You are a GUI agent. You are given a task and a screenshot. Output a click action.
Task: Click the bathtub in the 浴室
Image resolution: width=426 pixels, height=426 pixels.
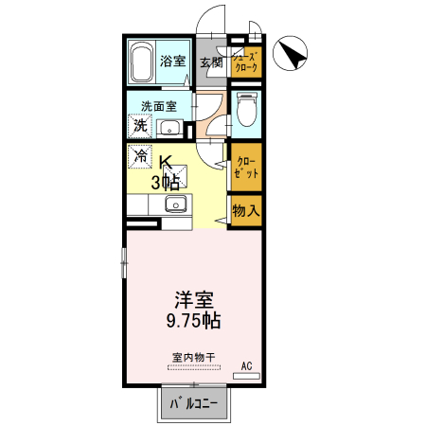[142, 62]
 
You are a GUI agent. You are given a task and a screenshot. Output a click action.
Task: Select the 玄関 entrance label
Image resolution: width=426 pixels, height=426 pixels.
[211, 63]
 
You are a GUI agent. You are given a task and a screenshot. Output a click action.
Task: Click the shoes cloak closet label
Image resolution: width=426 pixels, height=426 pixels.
[245, 62]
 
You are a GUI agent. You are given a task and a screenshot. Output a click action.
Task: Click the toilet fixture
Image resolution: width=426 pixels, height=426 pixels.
[244, 111]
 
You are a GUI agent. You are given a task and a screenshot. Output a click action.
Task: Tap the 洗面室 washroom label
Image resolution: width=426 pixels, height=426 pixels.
[159, 106]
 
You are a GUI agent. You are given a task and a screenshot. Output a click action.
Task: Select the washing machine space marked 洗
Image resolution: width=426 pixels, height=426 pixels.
[140, 126]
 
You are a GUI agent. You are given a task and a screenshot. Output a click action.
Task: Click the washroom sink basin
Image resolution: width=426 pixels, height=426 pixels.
[170, 128]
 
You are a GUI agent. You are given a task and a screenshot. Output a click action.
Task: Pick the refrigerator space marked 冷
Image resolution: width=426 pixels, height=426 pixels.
[140, 153]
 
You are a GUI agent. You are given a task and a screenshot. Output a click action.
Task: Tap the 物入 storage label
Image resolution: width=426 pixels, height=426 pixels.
[245, 210]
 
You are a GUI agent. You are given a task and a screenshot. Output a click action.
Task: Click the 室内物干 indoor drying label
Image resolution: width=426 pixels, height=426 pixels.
[193, 357]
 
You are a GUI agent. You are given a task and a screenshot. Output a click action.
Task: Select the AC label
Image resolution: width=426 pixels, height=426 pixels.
[247, 364]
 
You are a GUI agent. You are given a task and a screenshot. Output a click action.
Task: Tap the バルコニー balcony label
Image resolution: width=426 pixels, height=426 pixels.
[193, 405]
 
